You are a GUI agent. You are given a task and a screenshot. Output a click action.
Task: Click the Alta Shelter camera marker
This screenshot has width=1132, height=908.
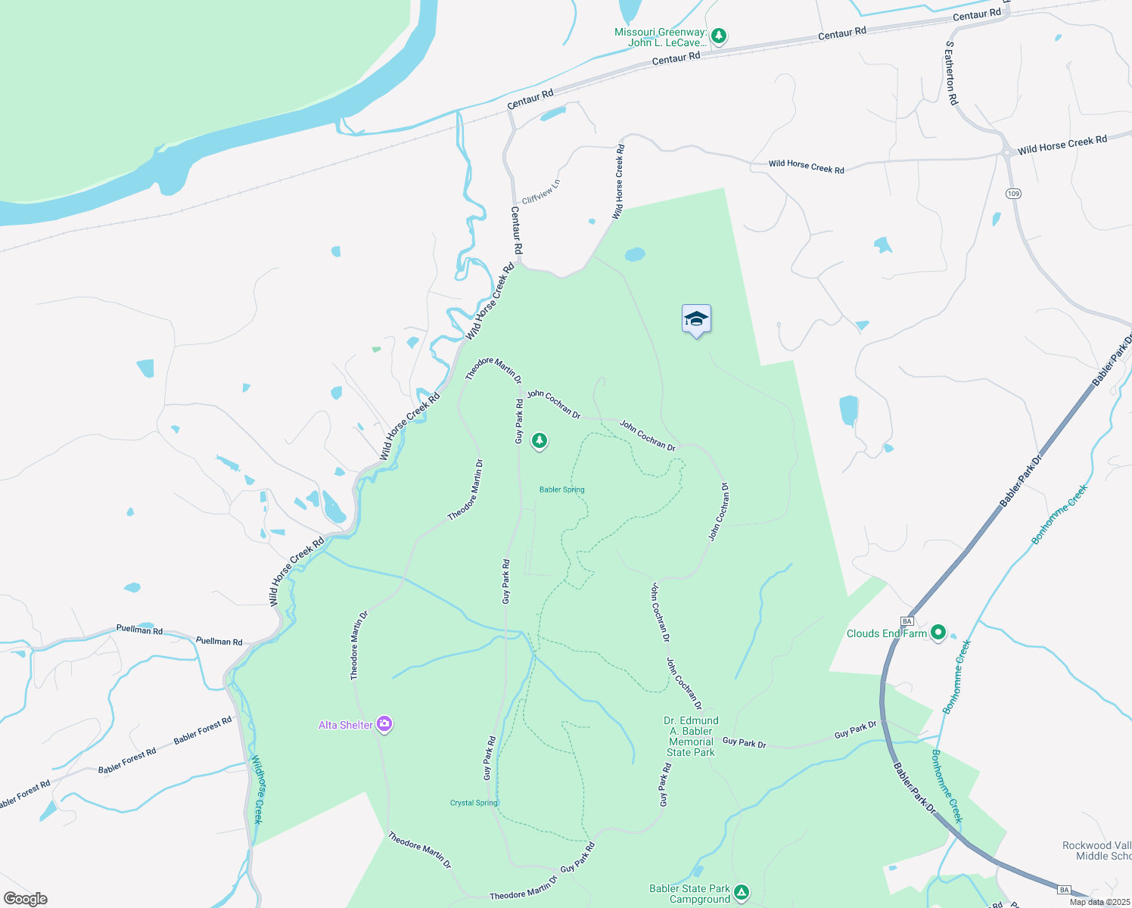[x=384, y=724]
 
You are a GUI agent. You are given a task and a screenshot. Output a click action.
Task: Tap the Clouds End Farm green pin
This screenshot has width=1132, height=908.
[x=938, y=633]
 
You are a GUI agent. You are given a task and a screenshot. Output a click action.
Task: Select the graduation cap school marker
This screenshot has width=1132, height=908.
[x=696, y=319]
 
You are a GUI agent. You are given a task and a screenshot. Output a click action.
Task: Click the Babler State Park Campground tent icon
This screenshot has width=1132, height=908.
[x=742, y=892]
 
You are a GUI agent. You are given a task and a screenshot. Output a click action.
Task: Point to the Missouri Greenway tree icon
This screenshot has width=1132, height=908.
[x=719, y=35]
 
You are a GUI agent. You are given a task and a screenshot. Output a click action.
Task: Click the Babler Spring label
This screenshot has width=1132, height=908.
[x=561, y=490]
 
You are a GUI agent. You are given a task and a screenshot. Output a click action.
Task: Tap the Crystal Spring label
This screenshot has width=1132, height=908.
[x=474, y=803]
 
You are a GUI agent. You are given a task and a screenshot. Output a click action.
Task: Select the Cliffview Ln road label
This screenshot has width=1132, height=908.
[x=541, y=191]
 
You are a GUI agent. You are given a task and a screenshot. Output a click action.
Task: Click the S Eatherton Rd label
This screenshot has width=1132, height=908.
[x=951, y=73]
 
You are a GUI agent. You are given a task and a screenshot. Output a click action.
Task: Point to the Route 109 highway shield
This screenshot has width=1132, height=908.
[x=1014, y=194]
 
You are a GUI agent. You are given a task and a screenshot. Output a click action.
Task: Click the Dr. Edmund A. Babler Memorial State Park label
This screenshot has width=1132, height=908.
[x=691, y=736]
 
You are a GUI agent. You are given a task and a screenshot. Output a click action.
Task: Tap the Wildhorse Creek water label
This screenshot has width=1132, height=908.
[x=257, y=789]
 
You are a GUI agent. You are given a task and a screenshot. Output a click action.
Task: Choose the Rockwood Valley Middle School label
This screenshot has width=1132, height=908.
[x=1096, y=850]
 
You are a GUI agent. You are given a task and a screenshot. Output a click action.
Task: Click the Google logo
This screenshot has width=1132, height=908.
[x=25, y=899]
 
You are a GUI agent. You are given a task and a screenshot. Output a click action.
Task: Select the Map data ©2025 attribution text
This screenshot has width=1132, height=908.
[x=1099, y=902]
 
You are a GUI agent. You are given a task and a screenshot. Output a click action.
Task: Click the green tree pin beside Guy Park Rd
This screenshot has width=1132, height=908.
[x=539, y=440]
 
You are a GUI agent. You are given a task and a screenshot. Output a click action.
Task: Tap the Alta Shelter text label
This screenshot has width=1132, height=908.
[x=345, y=725]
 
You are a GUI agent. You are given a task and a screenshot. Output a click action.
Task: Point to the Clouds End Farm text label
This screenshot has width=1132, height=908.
[x=886, y=633]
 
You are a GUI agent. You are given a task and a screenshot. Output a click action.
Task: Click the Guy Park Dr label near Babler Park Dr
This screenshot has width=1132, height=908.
[x=855, y=729]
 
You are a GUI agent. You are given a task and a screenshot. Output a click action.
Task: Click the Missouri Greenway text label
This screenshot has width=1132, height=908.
[x=660, y=37]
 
